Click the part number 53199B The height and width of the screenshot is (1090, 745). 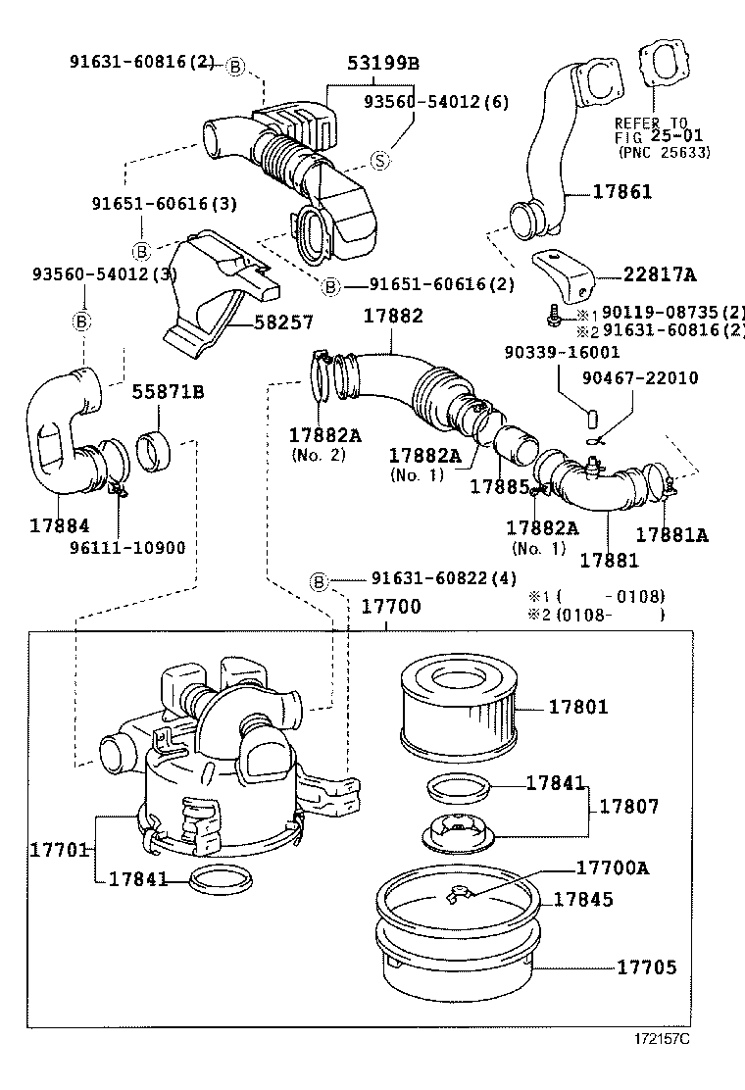[x=382, y=64]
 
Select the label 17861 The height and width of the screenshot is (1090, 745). [x=621, y=192]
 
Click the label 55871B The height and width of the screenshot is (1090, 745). [x=168, y=392]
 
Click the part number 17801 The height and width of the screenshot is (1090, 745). [x=577, y=706]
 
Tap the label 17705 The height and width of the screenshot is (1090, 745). [x=646, y=966]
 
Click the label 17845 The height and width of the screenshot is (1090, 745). [x=583, y=898]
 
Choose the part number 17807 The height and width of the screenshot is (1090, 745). [x=628, y=806]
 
